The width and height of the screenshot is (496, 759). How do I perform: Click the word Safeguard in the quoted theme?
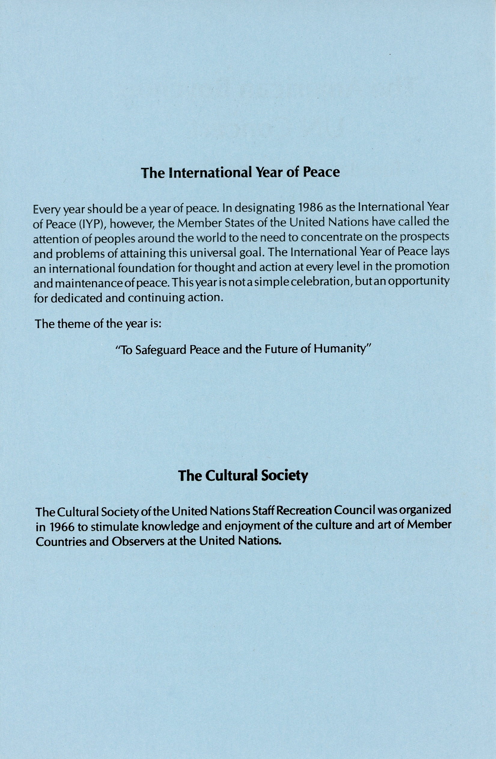tap(161, 350)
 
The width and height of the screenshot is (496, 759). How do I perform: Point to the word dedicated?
tap(77, 298)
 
